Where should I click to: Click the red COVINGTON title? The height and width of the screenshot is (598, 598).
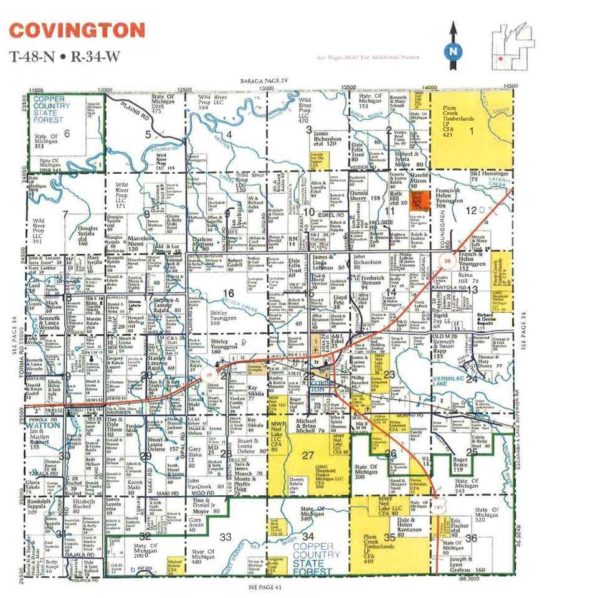click(77, 31)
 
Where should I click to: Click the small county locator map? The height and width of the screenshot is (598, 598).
click(513, 44)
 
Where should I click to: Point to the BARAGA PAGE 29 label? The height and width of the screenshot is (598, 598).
click(264, 81)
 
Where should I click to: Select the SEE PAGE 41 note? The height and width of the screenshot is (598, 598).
click(265, 587)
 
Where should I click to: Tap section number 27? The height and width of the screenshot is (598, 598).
click(308, 455)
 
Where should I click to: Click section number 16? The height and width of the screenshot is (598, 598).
click(229, 293)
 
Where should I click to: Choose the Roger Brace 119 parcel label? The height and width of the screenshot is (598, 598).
click(462, 465)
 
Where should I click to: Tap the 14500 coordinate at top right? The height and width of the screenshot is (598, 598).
click(511, 86)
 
